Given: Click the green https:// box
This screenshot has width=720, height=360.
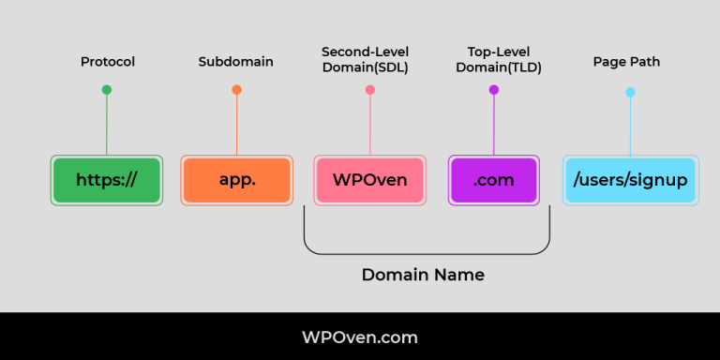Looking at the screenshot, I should tap(106, 180).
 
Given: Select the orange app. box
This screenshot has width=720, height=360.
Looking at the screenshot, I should tap(236, 180).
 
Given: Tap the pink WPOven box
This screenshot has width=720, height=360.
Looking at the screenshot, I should tap(369, 180).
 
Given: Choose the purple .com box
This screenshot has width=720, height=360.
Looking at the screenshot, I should tap(493, 180).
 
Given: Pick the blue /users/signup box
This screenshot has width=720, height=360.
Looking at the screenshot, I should tap(630, 180).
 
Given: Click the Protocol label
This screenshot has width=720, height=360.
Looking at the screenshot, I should tap(107, 62).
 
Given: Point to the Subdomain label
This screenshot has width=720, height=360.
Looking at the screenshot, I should tap(235, 62).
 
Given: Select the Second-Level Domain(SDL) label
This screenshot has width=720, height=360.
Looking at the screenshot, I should tap(369, 59).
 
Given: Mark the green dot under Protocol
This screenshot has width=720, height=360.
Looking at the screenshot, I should tap(107, 90).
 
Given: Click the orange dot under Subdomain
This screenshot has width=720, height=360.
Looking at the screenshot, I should tap(236, 90).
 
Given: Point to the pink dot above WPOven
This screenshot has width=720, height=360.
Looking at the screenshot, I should tap(370, 90).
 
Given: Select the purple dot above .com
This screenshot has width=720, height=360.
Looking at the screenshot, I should tap(494, 90).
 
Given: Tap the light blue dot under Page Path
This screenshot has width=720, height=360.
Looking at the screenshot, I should tap(630, 92).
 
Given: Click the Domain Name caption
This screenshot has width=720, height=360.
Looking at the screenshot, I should tap(423, 276).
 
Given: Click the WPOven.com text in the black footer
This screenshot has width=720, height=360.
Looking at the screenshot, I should tap(360, 337).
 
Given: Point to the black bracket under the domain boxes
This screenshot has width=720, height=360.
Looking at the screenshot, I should tap(427, 253).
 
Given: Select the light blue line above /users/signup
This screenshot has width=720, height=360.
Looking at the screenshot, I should tap(630, 127).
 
